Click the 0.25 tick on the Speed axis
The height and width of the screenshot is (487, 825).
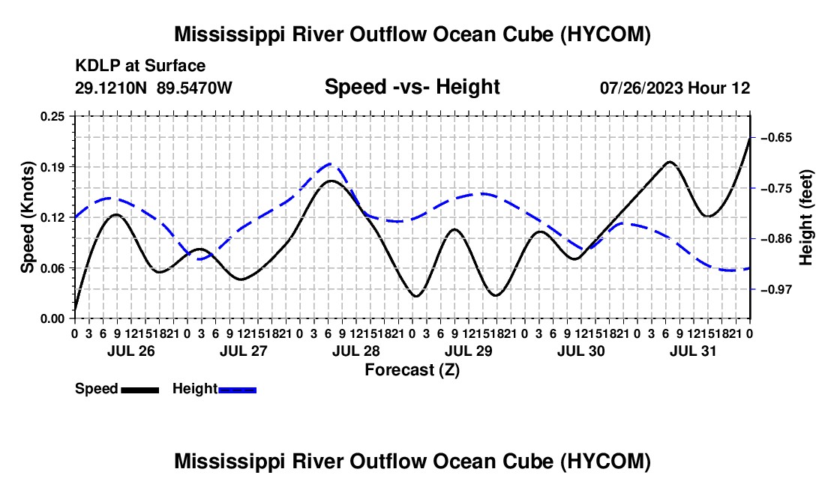tap(52, 116)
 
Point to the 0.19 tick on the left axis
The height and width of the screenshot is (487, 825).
tap(52, 167)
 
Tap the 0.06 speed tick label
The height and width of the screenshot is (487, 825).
tap(52, 268)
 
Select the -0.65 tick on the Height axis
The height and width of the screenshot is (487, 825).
tap(776, 138)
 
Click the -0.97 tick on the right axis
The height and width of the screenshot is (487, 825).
tap(776, 289)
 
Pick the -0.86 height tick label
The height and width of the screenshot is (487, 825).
tap(776, 239)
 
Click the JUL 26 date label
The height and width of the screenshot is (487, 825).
tap(131, 351)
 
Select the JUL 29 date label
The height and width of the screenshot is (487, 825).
tap(469, 351)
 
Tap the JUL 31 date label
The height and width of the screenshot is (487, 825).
tap(693, 351)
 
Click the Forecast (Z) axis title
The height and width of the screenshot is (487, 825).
tap(412, 370)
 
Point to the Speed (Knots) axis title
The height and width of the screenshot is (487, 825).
tap(27, 217)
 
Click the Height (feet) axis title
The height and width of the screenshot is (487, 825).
tap(805, 217)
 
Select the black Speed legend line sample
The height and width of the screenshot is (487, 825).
tap(140, 390)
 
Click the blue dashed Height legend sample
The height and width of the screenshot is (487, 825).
tap(237, 390)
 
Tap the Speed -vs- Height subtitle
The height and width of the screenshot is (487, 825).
tap(412, 87)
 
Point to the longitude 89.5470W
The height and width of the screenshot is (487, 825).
tap(194, 88)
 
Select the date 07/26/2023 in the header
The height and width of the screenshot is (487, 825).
tap(641, 88)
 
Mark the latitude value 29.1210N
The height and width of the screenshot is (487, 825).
tap(111, 88)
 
